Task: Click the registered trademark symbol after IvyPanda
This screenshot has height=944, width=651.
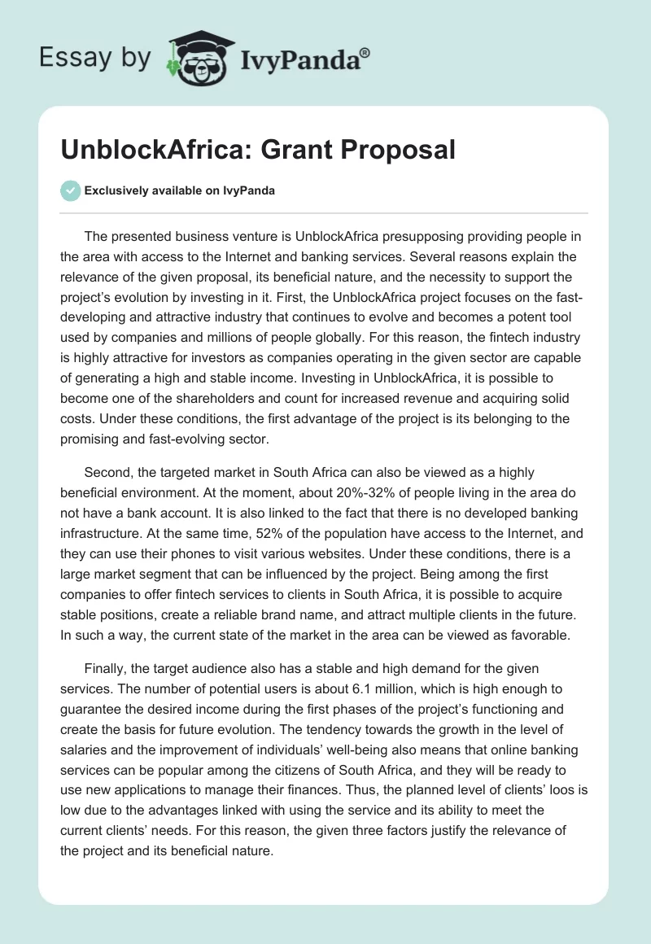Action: pyautogui.click(x=365, y=53)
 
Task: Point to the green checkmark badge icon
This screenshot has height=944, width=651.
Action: pyautogui.click(x=71, y=190)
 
